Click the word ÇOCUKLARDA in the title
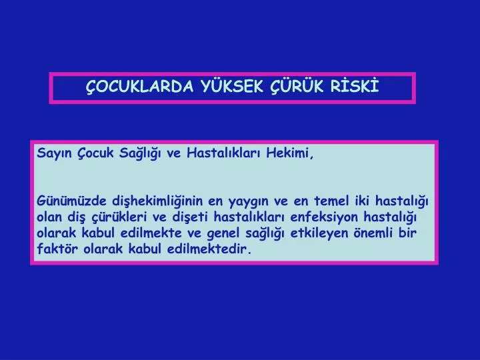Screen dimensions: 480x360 point(139,87)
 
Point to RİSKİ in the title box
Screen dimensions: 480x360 point(355,85)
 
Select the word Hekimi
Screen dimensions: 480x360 point(289,153)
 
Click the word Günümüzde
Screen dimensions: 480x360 point(71,201)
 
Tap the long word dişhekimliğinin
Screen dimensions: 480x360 point(157,201)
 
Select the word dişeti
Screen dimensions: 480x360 point(190,217)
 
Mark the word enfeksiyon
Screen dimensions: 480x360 point(324,217)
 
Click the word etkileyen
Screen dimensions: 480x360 point(319,233)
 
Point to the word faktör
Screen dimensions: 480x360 point(57,249)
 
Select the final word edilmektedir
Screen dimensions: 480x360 point(209,249)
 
